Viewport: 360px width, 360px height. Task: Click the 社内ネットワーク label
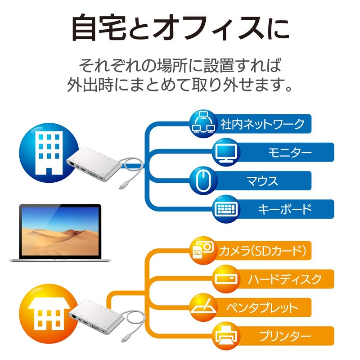[262, 124]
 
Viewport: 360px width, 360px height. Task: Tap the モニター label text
[290, 153]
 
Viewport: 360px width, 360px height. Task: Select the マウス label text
[262, 181]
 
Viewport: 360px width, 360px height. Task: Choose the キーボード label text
[285, 209]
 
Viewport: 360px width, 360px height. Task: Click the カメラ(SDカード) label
[263, 251]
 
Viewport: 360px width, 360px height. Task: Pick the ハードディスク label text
[285, 279]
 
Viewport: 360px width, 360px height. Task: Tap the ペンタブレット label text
[262, 308]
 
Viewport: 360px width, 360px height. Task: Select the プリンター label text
[285, 336]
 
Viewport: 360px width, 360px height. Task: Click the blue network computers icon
[203, 123]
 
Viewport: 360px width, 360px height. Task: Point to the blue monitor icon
[226, 152]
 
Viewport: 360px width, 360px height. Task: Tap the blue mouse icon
[203, 181]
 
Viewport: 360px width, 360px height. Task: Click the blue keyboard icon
[226, 209]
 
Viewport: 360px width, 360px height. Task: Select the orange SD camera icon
[203, 251]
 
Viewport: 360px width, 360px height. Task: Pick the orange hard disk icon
[226, 279]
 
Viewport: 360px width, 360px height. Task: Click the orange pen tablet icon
[203, 307]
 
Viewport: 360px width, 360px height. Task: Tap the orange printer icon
[226, 336]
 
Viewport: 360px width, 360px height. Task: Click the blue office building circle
[49, 153]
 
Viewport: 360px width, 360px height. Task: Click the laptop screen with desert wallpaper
[60, 230]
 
